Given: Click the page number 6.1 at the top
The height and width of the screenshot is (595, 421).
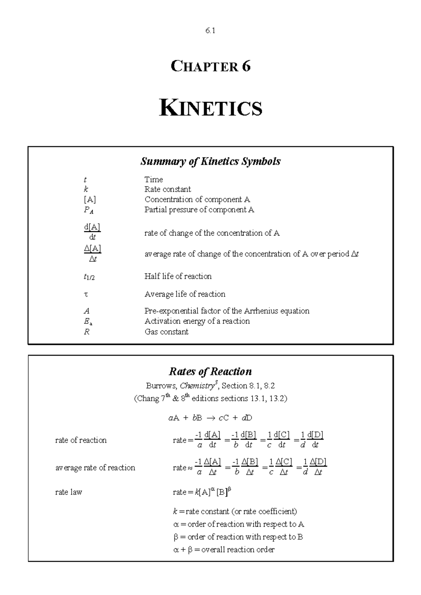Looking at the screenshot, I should tap(210, 31).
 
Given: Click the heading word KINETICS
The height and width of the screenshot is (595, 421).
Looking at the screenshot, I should tap(210, 108).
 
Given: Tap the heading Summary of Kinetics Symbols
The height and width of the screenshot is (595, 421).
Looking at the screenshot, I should tap(210, 161).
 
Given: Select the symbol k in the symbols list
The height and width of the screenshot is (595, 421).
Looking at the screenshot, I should tap(86, 189).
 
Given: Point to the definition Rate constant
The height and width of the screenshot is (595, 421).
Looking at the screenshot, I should tap(168, 189).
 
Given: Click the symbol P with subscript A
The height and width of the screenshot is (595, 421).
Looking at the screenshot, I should tap(88, 210).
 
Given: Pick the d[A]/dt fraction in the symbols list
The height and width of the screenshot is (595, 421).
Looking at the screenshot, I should tap(92, 232).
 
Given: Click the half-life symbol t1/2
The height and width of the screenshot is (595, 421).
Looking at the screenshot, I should tap(89, 277).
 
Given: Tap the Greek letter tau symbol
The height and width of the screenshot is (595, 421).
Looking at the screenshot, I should tap(86, 294).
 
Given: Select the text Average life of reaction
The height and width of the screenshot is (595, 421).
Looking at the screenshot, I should tap(185, 294).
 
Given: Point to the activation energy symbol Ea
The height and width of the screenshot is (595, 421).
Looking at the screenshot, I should tap(88, 321).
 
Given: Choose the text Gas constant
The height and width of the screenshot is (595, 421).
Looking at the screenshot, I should tap(166, 331).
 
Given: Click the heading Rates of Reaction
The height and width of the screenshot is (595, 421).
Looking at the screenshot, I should tap(210, 371).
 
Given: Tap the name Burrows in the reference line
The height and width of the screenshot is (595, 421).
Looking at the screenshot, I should tap(161, 386).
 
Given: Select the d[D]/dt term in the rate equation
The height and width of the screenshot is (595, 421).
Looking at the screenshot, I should tap(315, 440).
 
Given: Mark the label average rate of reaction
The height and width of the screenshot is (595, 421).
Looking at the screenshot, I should tap(95, 467).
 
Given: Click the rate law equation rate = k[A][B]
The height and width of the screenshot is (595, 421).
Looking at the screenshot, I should tap(202, 492).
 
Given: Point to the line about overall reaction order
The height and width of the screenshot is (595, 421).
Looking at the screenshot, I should tap(224, 549).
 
